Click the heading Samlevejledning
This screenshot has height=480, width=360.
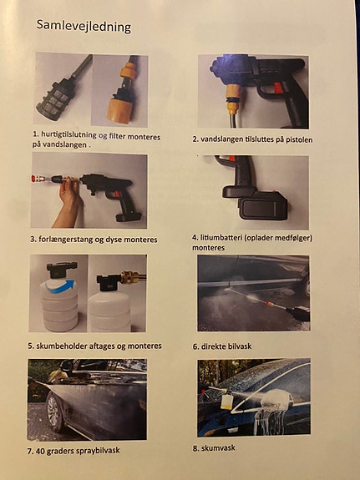click(84, 26)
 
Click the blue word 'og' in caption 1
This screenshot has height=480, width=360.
click(103, 135)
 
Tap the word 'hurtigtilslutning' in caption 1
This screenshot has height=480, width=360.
click(68, 134)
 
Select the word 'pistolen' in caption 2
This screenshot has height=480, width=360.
click(299, 139)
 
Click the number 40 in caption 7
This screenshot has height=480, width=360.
click(40, 451)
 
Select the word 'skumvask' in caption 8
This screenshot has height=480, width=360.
click(218, 447)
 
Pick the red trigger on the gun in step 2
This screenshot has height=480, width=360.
click(277, 88)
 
